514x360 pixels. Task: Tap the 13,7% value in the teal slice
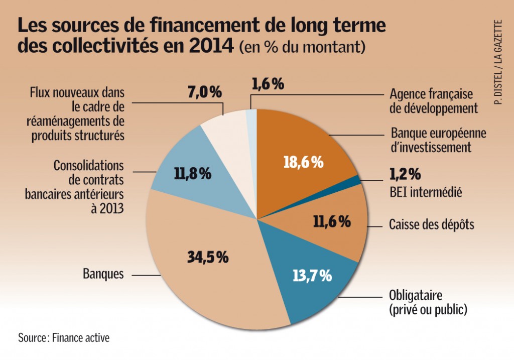click(312, 275)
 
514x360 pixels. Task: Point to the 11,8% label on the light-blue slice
click(192, 174)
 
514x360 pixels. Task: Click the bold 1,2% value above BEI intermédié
click(405, 175)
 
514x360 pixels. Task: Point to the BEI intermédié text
click(425, 191)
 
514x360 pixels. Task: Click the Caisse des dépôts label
click(431, 224)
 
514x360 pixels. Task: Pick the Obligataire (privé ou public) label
click(428, 302)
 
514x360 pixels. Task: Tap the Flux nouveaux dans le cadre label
click(77, 114)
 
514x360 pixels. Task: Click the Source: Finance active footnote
click(64, 337)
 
